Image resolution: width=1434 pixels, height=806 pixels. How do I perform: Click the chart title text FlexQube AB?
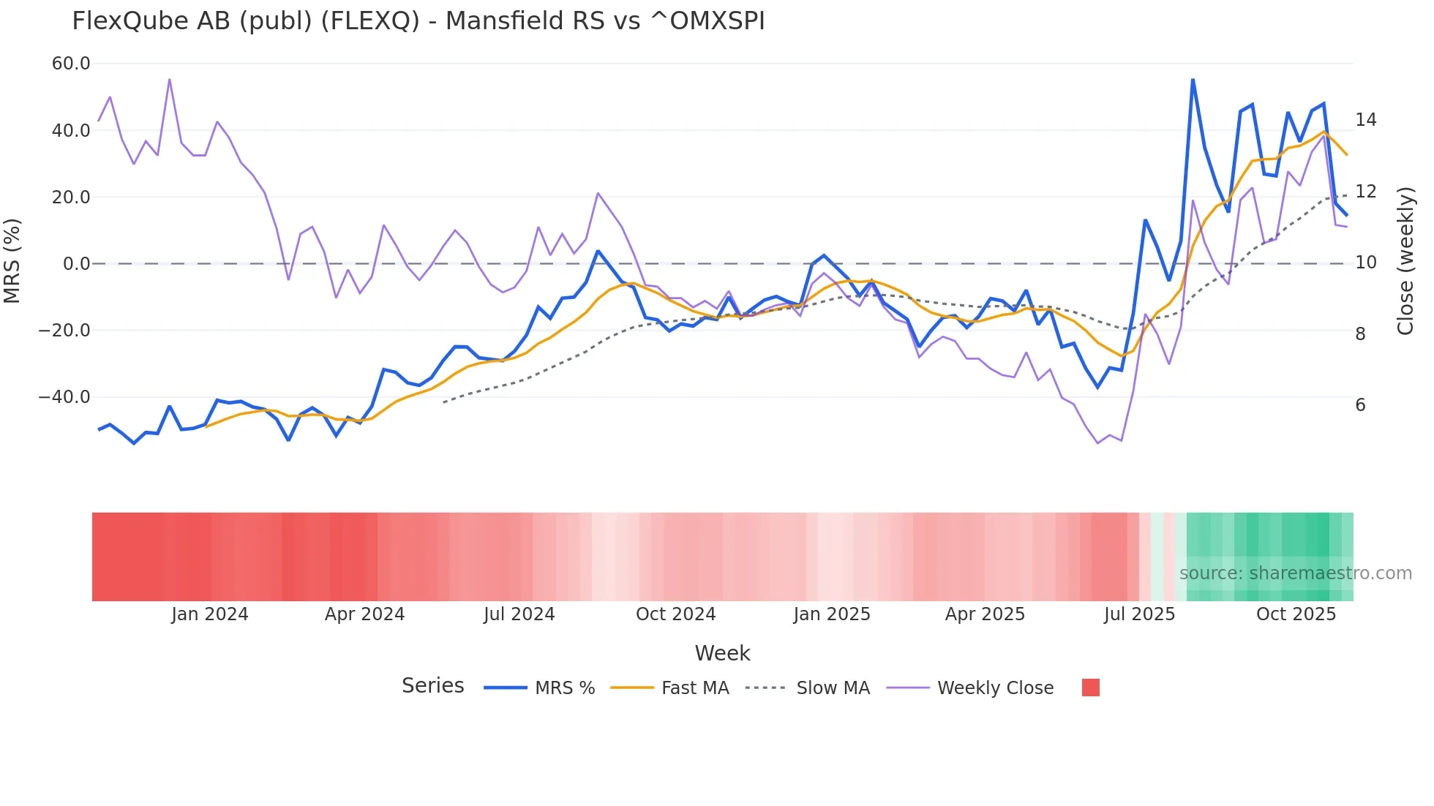(418, 21)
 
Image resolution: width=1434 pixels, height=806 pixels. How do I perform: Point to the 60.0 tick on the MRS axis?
(71, 64)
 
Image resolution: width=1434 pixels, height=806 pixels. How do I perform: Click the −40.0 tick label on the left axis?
(64, 397)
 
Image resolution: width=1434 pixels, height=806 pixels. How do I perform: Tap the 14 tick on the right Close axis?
(1365, 119)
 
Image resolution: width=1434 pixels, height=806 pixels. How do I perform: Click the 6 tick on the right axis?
(1360, 404)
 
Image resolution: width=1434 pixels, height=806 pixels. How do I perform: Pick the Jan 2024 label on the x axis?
(210, 614)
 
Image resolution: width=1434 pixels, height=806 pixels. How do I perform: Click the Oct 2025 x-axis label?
(1296, 614)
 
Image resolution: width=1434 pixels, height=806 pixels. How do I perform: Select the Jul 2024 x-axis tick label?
(519, 614)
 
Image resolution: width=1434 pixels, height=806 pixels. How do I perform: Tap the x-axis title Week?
(722, 652)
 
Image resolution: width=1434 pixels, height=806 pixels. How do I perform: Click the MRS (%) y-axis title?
(12, 260)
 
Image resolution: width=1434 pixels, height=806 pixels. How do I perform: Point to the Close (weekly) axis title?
(1405, 260)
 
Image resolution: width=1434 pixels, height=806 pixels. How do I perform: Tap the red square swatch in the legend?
(1090, 688)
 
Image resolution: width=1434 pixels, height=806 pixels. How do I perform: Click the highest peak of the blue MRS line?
(1193, 80)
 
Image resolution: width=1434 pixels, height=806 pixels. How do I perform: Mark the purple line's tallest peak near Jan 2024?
(170, 80)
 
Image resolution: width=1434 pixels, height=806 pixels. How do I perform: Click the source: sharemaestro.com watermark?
(1295, 573)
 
